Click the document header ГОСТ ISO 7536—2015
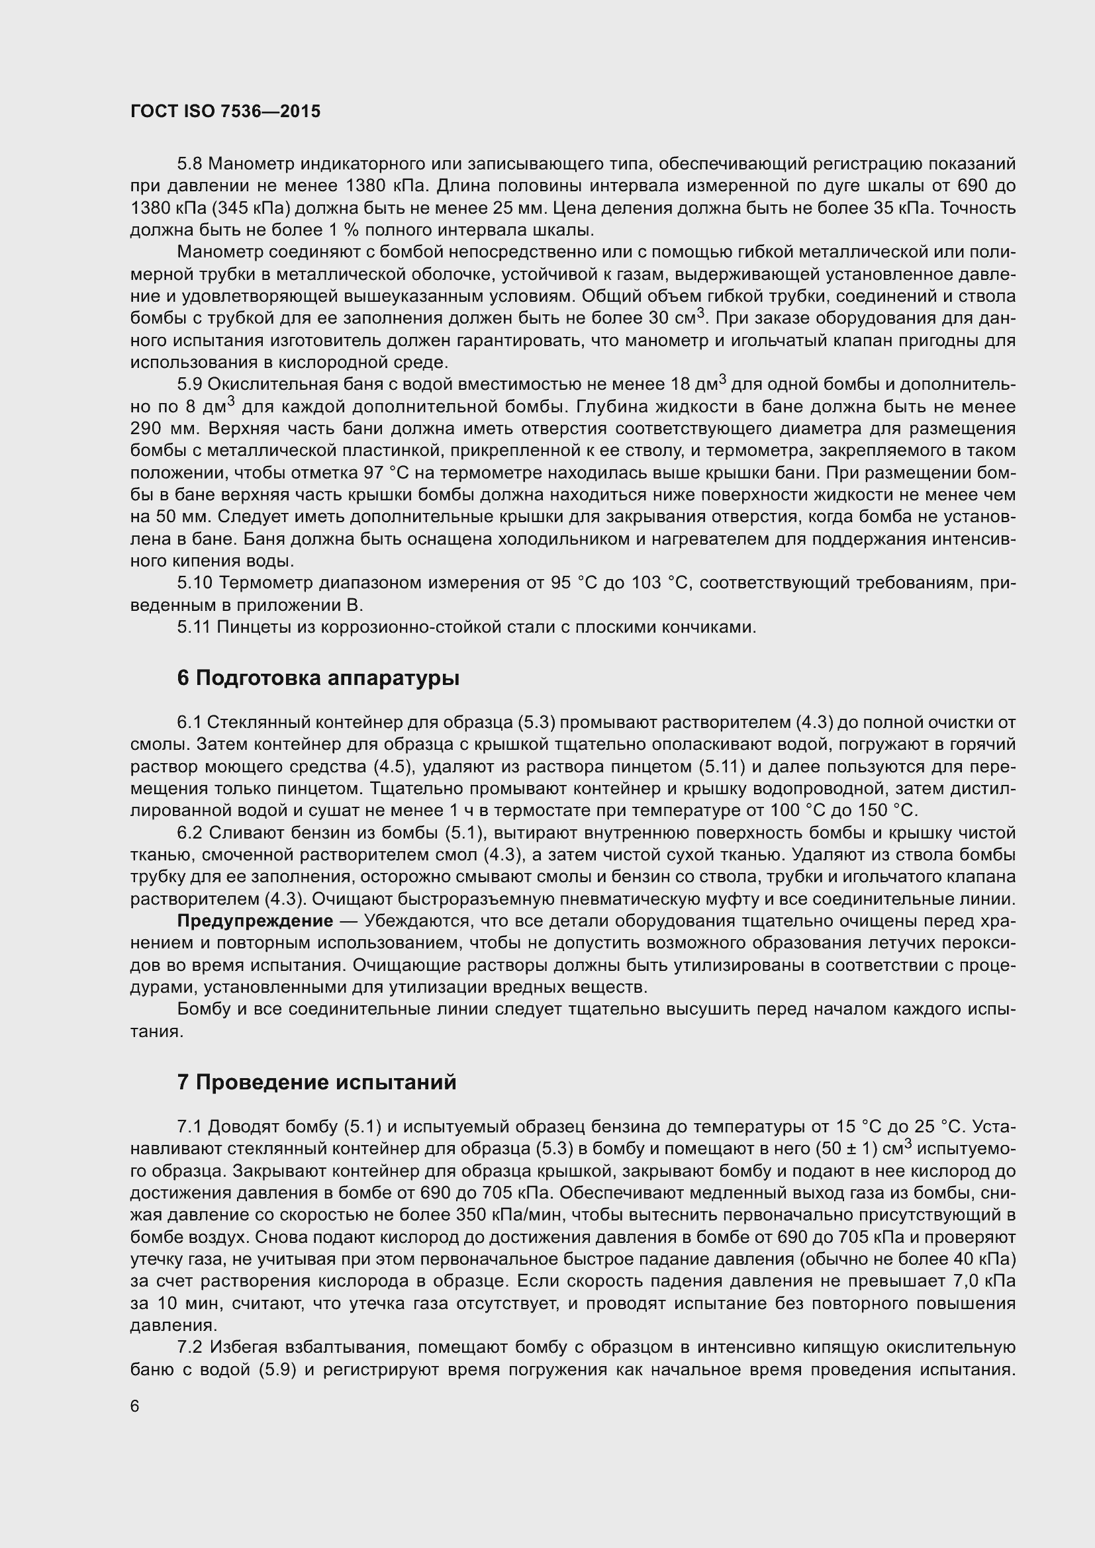[x=225, y=111]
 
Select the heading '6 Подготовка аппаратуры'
[x=318, y=678]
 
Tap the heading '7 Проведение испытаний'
[x=316, y=1082]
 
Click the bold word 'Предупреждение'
[x=255, y=921]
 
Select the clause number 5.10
[x=195, y=582]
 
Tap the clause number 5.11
[x=194, y=627]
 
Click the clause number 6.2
[x=190, y=833]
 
